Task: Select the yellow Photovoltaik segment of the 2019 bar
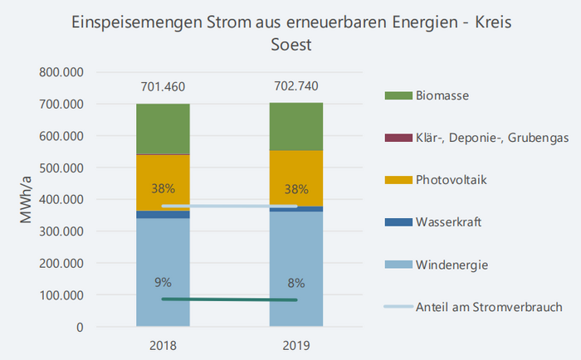(295, 170)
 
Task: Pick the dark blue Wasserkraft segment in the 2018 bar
(163, 214)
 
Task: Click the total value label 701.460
(163, 85)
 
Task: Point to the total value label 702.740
(295, 85)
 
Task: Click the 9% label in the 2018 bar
(163, 281)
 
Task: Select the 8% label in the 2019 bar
(295, 281)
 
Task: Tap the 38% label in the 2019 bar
(295, 187)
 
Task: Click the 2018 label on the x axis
(163, 344)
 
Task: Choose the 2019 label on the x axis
(295, 344)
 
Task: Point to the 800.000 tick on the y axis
(62, 72)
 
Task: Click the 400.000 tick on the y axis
(62, 200)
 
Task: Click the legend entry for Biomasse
(442, 95)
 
